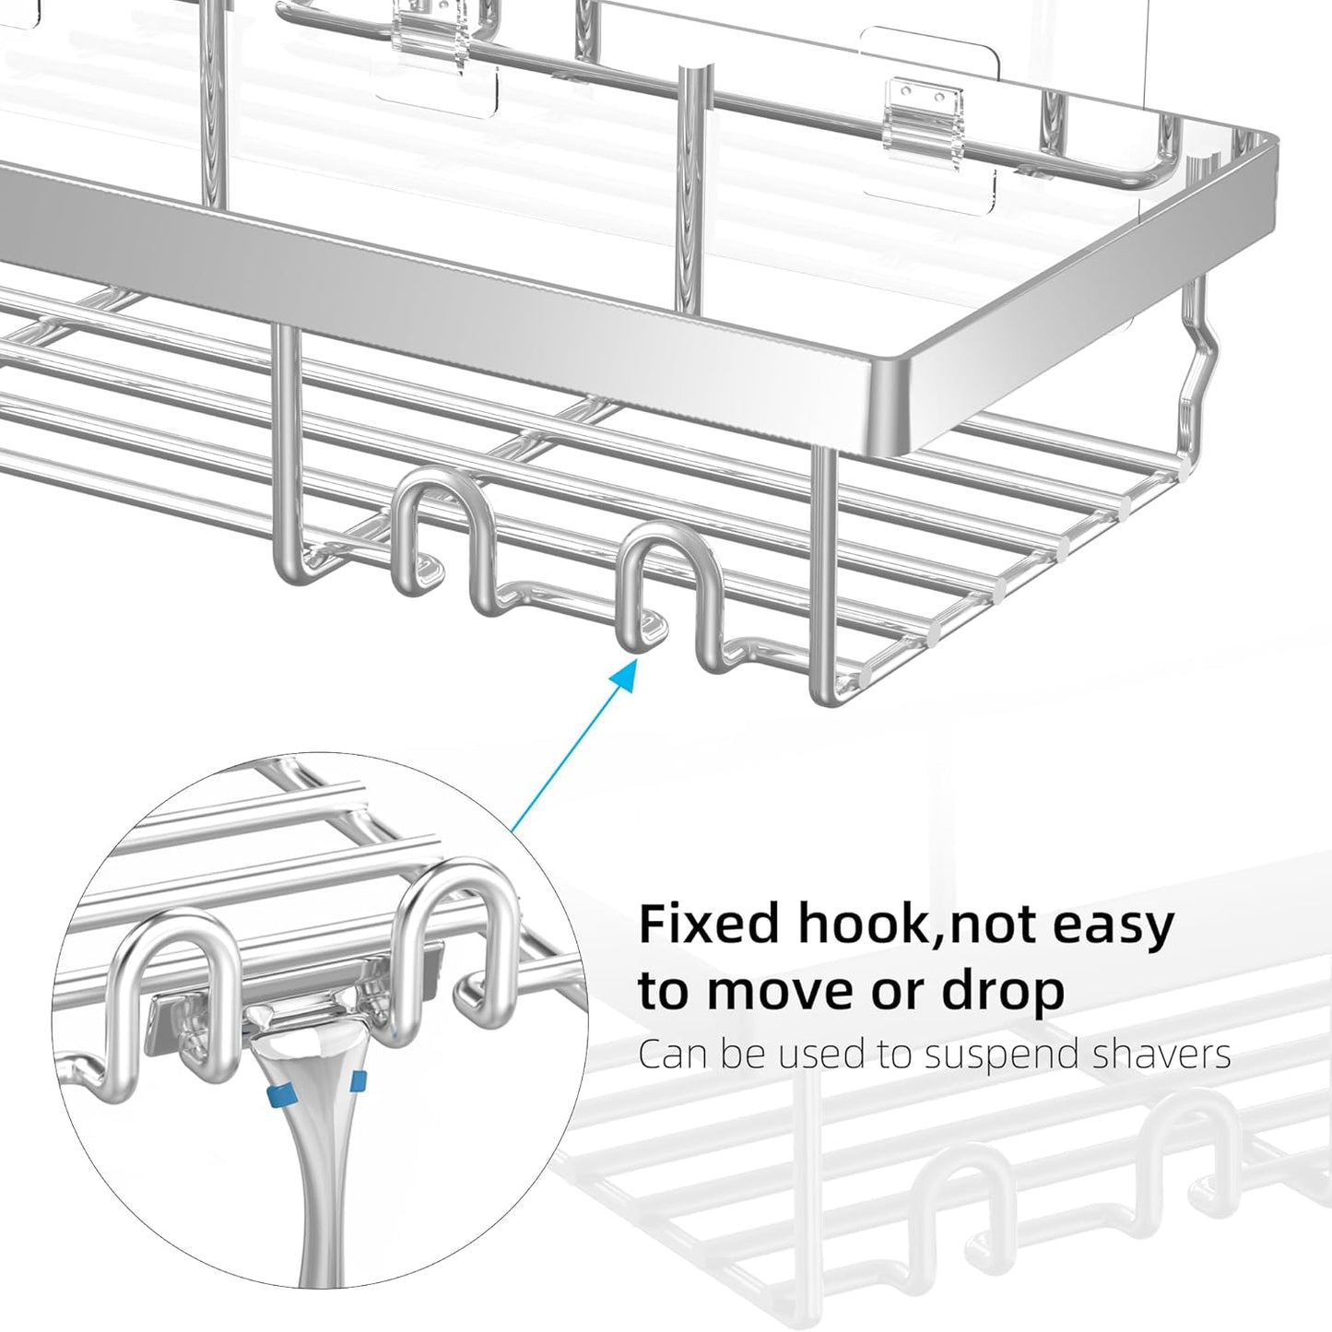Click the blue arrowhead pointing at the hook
point(627,679)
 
